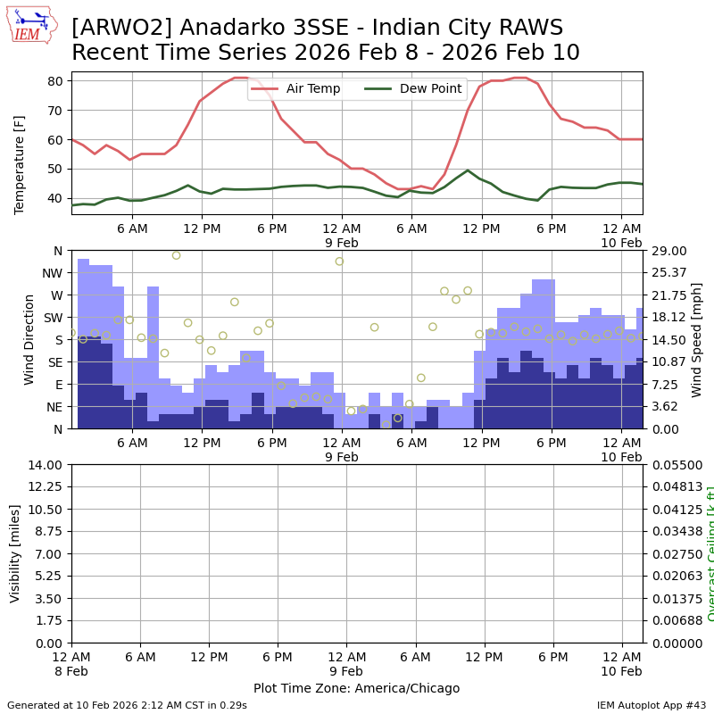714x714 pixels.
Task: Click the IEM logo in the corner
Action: (31, 25)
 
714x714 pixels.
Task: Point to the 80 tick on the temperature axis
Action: (54, 81)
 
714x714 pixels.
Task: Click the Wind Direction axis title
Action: (29, 339)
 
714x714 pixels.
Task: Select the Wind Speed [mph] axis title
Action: (697, 339)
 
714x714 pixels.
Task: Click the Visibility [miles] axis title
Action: (15, 553)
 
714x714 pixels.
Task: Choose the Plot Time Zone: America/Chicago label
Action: (356, 688)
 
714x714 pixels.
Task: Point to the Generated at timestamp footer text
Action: (127, 705)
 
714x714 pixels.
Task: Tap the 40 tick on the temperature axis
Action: (54, 198)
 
